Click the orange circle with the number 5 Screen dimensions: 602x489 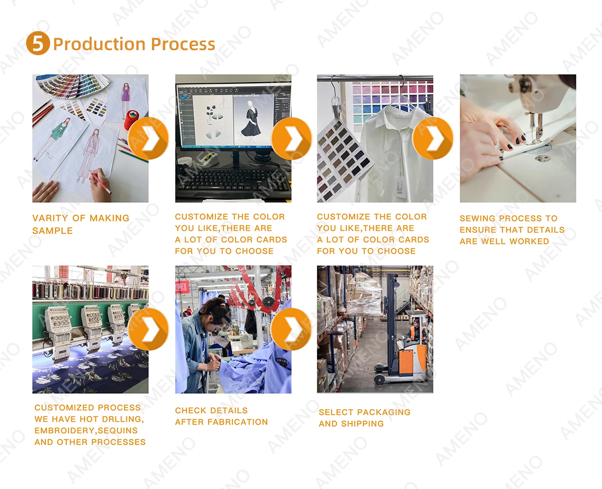[38, 43]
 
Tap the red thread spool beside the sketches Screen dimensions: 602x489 [131, 119]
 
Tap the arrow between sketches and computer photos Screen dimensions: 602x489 [148, 138]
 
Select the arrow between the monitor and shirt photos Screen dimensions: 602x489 [291, 138]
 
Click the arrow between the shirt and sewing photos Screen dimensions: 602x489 [433, 138]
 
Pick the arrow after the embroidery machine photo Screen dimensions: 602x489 [148, 329]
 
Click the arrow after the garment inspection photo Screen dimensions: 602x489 [291, 329]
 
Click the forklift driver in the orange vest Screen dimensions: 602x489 [415, 331]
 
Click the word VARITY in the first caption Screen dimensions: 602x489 [50, 218]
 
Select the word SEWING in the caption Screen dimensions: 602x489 [478, 218]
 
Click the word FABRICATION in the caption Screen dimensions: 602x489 [238, 422]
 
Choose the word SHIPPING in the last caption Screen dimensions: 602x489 [362, 424]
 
